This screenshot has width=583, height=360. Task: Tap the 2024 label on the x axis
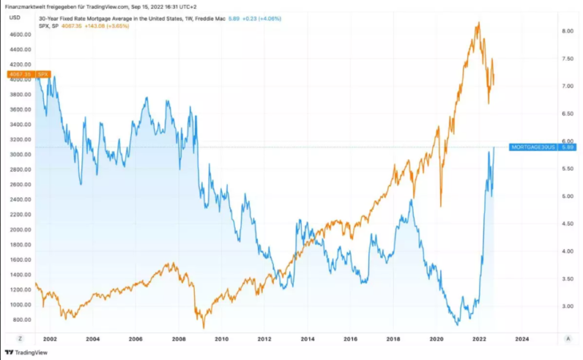(522, 338)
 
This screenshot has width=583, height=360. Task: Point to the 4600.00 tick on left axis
(20, 34)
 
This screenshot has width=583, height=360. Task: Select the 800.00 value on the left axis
(22, 319)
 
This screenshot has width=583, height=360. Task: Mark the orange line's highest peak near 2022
(478, 23)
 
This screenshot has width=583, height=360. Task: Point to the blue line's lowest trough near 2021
(456, 324)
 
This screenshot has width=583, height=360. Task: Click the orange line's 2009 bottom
(203, 326)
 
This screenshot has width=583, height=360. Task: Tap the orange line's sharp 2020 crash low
(441, 205)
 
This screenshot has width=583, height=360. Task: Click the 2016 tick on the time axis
(350, 338)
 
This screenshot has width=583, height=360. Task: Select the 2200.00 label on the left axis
(20, 215)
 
